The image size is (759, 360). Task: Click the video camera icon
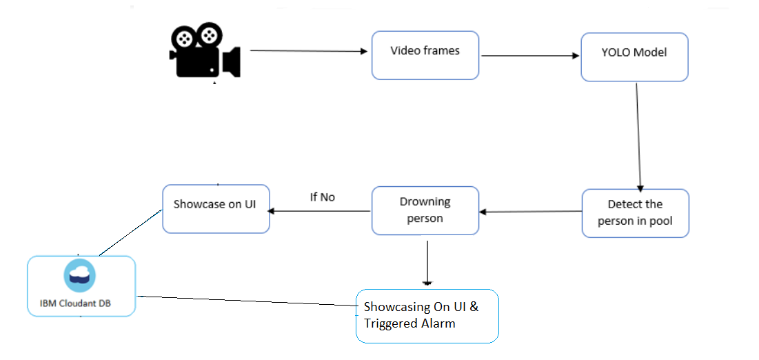(204, 52)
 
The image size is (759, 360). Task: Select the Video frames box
(425, 54)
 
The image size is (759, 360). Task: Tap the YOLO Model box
(634, 56)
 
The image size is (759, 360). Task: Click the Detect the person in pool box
(635, 213)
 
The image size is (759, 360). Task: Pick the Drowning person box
(425, 210)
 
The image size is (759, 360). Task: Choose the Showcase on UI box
(216, 208)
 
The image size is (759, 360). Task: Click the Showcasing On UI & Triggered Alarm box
(427, 315)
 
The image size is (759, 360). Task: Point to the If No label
(322, 197)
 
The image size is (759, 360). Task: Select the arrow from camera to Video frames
(307, 51)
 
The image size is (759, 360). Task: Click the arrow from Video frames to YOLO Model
(529, 56)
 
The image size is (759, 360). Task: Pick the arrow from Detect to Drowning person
(531, 212)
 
